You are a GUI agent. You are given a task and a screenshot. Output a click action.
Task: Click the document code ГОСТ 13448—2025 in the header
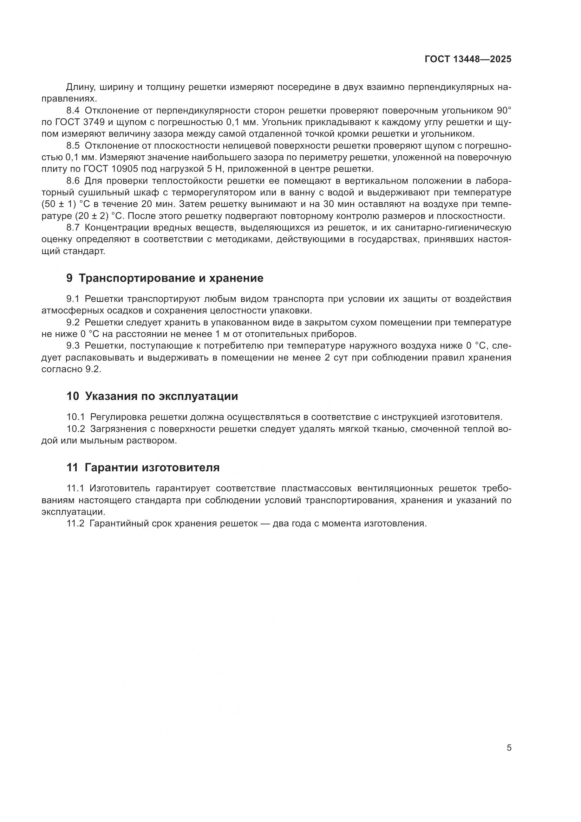point(468,59)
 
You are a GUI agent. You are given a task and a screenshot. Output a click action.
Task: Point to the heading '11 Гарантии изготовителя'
point(143,467)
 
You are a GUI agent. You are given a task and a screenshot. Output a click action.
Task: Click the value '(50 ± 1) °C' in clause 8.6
point(65,204)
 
